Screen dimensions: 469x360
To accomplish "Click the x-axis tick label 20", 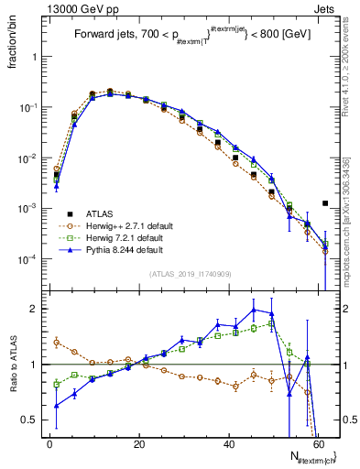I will coord(139,443).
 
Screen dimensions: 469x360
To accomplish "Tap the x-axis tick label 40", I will coord(229,443).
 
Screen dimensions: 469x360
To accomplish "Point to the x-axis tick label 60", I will coord(319,443).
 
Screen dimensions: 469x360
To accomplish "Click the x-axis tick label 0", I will coord(49,443).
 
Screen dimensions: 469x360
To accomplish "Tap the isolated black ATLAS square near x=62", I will coord(325,203).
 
